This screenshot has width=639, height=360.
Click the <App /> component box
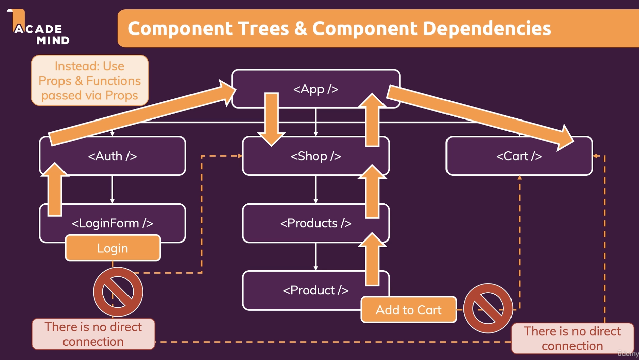pos(316,89)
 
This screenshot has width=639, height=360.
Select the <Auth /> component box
pos(112,156)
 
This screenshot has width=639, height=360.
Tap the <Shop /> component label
pos(316,156)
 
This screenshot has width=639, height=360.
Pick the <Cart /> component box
pos(519,156)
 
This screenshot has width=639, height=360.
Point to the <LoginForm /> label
pos(112,223)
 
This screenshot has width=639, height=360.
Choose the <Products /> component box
pos(316,223)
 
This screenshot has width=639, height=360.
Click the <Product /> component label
pos(316,290)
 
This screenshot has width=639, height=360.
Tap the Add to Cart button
pos(409,310)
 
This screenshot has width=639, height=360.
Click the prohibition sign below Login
pos(118,292)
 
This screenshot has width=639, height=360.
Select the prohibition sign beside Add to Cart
pos(488,309)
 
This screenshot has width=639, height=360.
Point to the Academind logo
pos(38,27)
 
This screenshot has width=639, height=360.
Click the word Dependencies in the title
pos(487,29)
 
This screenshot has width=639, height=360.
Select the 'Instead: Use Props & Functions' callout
pos(90,81)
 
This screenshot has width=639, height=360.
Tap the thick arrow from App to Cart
pos(480,118)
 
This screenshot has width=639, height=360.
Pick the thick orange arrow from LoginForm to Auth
pos(55,190)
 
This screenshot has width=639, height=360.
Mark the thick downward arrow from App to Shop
pos(271,119)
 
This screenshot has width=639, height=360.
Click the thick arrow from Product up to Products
pos(372,259)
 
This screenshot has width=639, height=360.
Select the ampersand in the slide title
pos(301,29)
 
